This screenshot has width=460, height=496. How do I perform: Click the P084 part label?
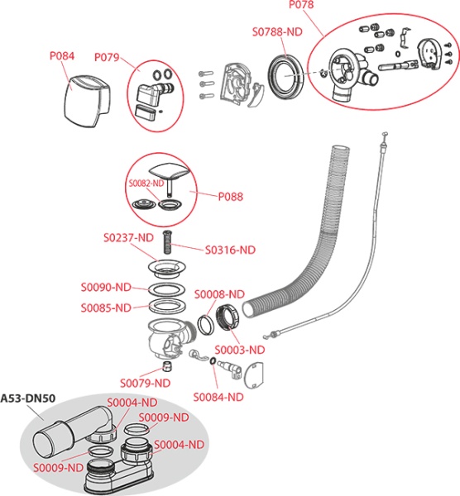click(62, 56)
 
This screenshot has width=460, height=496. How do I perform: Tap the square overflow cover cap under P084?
click(88, 101)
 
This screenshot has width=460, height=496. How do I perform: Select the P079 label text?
click(107, 57)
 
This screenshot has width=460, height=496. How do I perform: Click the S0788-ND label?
click(277, 31)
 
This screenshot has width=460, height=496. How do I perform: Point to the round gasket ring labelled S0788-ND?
click(286, 77)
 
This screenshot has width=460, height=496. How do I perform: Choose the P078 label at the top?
click(301, 5)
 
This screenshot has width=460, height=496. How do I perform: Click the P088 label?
click(231, 197)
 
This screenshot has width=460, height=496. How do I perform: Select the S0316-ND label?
click(230, 250)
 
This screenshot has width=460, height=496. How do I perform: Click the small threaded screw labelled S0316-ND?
click(167, 242)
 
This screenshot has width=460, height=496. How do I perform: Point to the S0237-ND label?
click(128, 237)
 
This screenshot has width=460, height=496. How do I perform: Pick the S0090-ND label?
click(106, 287)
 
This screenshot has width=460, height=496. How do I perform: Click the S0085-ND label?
click(106, 308)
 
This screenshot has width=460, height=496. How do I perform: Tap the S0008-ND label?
click(219, 294)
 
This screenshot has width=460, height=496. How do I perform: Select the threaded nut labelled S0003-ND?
click(228, 317)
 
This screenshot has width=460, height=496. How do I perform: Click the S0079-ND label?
click(145, 383)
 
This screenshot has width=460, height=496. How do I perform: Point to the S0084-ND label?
click(218, 397)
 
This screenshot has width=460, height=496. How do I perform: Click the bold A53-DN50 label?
click(28, 398)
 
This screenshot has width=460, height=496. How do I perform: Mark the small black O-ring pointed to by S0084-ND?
click(213, 361)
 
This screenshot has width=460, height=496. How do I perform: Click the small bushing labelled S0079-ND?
click(167, 366)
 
